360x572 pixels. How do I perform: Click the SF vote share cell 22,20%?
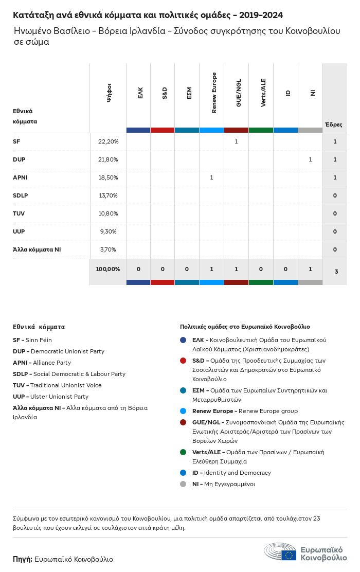coord(108,141)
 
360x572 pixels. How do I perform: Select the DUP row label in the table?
coord(19,159)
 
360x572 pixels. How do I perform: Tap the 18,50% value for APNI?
coord(108,177)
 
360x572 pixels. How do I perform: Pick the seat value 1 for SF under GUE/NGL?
coord(236,141)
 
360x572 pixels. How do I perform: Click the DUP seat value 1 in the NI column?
coord(310,159)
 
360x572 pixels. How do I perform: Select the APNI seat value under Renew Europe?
coord(211,177)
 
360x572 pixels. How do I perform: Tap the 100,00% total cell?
coord(108,269)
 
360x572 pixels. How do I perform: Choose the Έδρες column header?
coord(333,124)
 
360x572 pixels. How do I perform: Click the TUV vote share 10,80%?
coord(108,213)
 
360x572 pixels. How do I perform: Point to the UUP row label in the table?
coord(19,231)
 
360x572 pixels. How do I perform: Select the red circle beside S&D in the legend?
coord(183,361)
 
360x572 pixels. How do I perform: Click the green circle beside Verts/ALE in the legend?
coord(183,452)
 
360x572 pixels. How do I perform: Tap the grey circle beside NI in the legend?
coord(183,484)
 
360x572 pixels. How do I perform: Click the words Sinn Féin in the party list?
coord(39,340)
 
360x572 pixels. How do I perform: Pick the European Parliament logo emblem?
coord(280,552)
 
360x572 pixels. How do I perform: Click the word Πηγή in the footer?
coord(23,559)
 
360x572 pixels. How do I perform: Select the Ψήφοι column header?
coord(109,93)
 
